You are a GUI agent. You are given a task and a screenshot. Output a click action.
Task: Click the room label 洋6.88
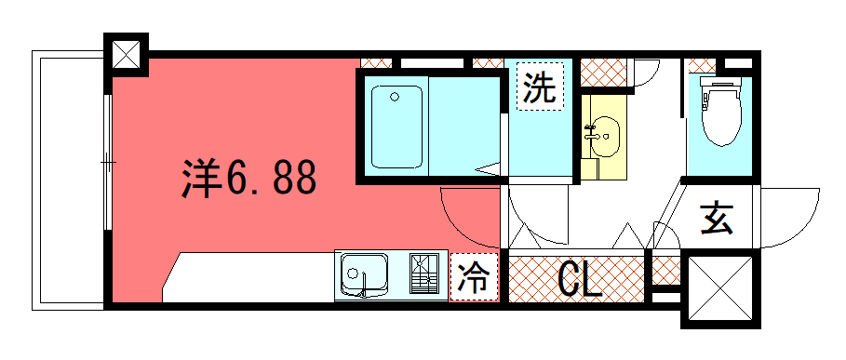click(248, 178)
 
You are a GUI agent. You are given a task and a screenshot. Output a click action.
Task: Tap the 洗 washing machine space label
click(540, 87)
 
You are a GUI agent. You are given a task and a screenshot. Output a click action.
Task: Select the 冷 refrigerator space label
click(474, 276)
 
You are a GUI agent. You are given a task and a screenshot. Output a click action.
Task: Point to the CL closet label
click(579, 280)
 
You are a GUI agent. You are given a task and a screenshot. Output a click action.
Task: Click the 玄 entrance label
click(717, 219)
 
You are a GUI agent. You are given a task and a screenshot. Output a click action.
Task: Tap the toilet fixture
click(721, 112)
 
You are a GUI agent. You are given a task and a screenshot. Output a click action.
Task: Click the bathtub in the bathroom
click(396, 127)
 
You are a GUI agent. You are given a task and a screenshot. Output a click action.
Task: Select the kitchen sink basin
click(364, 274)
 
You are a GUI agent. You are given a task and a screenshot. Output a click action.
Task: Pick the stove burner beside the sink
click(424, 273)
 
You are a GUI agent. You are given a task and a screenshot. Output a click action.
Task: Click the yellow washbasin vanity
click(603, 137)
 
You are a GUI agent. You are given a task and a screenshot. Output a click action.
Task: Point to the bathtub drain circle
click(395, 97)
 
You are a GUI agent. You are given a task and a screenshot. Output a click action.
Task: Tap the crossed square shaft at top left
click(126, 55)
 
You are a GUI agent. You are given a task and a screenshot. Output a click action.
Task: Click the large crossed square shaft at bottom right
click(720, 288)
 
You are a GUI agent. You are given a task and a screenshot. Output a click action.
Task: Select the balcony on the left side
click(68, 180)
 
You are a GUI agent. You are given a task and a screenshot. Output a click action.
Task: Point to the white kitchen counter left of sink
click(248, 277)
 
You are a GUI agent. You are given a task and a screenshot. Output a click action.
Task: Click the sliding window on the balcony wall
click(109, 162)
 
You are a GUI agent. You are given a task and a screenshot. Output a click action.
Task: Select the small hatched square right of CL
click(666, 271)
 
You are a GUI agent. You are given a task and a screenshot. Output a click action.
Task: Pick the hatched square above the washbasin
click(604, 73)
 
